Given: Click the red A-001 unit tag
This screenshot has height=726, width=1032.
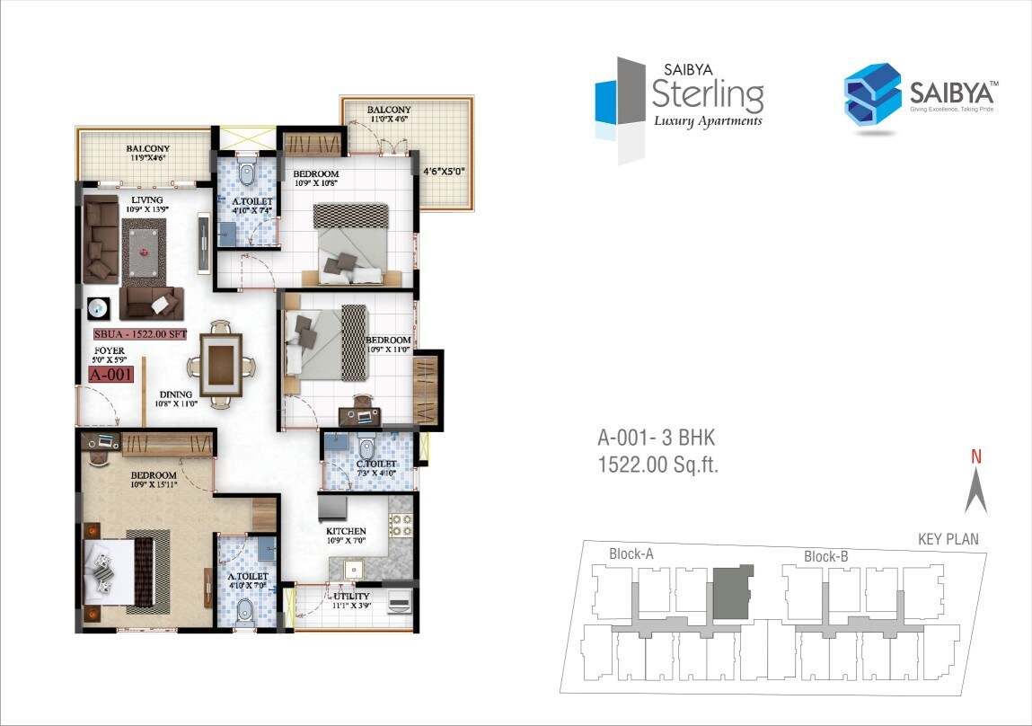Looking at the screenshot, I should point(110,375).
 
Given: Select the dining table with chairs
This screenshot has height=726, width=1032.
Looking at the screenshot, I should point(221,364).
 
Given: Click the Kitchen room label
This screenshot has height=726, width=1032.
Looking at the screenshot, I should point(346,531).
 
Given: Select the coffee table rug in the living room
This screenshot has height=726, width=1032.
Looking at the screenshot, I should point(145,247).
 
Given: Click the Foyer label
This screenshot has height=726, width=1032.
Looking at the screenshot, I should point(110,350).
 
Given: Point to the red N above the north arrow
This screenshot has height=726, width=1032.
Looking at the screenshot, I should point(975,456).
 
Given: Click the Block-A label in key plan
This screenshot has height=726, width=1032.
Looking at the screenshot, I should point(631,553).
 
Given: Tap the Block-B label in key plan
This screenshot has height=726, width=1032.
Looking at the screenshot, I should point(826,556).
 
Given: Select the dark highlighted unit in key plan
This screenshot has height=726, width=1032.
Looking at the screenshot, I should point(732,591).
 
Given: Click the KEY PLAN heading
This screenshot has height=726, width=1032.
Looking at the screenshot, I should point(948,540).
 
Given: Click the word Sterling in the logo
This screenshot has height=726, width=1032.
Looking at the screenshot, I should point(708,93).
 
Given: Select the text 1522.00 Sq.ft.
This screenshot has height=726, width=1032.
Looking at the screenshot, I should point(658,465).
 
